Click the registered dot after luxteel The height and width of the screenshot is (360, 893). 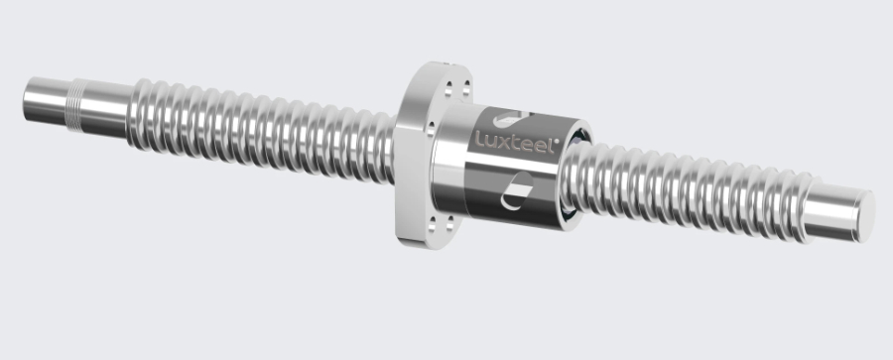(x=557, y=140)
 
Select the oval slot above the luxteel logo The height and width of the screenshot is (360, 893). (x=509, y=119)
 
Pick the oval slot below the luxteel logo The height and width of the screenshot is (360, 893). (x=517, y=190)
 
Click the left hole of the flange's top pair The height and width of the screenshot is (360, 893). (x=448, y=89)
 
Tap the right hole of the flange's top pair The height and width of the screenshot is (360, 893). (x=466, y=88)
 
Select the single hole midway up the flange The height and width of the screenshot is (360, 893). (x=431, y=129)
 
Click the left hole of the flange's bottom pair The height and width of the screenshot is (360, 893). (x=433, y=224)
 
